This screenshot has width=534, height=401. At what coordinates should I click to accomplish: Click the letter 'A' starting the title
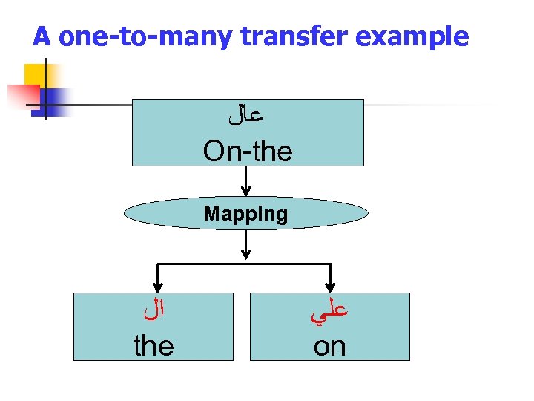pos(42,36)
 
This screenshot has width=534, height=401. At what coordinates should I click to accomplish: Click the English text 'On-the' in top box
pos(248,151)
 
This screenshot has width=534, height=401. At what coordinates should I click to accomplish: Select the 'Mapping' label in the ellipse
pos(245,214)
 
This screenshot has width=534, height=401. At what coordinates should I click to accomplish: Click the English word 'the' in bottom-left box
pos(154,345)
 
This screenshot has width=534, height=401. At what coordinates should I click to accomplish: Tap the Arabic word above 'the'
pos(153,313)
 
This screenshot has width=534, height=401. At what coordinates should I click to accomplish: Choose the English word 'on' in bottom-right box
pos(329,345)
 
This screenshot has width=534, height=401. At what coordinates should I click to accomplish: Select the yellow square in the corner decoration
pos(36,76)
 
